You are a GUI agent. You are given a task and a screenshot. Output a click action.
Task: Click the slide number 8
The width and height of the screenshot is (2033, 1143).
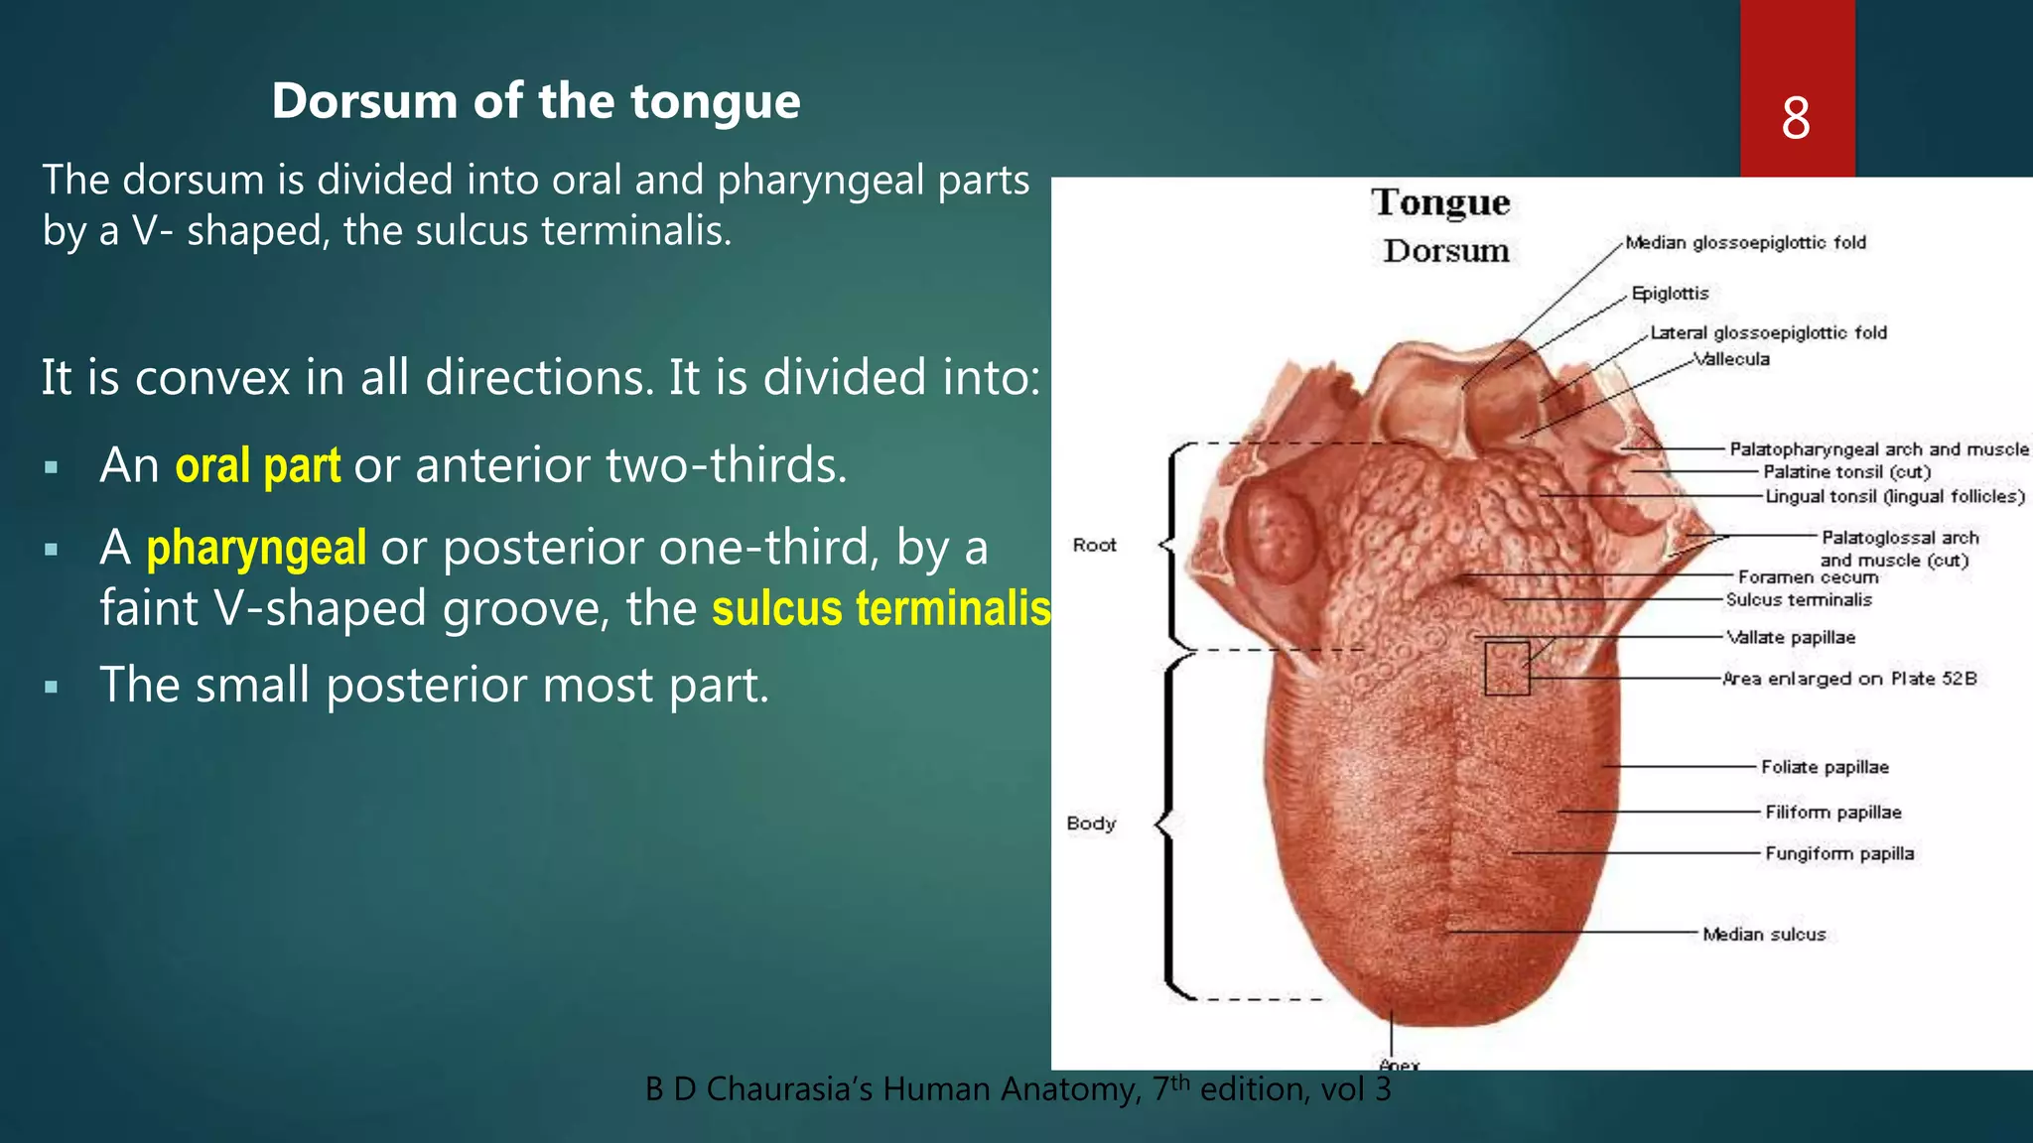tap(1796, 119)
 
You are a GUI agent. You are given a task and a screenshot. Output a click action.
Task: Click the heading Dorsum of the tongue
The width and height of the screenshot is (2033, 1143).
tap(536, 101)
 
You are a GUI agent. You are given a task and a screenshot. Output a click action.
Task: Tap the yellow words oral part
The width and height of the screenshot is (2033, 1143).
tap(258, 465)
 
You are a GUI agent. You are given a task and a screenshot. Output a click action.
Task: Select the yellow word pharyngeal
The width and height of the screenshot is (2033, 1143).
tap(256, 548)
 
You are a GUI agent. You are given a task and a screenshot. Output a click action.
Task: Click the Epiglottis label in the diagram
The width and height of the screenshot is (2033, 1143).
tap(1670, 294)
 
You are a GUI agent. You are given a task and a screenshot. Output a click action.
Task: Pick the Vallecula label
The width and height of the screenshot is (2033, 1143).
tap(1731, 359)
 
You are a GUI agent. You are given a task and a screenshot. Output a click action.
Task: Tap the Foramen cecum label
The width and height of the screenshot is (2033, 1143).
tap(1808, 576)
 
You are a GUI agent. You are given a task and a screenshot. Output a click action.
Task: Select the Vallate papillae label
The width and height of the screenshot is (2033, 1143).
tap(1791, 637)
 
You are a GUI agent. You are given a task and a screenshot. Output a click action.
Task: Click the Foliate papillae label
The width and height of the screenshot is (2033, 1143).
tap(1825, 767)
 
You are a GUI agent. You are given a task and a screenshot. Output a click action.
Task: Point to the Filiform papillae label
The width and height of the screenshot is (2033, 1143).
tap(1832, 812)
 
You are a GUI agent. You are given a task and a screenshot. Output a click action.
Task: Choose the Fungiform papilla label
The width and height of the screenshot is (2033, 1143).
tap(1838, 853)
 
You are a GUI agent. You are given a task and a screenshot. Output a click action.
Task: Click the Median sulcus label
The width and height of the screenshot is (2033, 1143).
tap(1764, 934)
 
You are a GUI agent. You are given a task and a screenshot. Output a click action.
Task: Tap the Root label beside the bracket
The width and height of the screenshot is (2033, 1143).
tap(1094, 545)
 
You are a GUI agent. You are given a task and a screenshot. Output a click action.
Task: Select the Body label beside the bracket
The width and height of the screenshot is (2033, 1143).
tap(1091, 824)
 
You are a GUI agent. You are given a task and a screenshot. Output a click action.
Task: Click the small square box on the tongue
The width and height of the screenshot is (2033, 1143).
tap(1506, 668)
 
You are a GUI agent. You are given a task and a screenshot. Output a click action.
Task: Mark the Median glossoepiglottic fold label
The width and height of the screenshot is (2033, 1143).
tap(1745, 243)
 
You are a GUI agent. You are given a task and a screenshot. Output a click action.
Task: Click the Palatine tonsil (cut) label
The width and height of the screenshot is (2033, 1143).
tap(1846, 472)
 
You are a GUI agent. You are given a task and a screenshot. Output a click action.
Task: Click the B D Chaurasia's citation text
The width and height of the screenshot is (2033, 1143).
tap(1017, 1089)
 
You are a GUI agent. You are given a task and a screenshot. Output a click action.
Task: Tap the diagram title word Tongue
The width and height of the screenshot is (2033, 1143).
tap(1440, 202)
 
